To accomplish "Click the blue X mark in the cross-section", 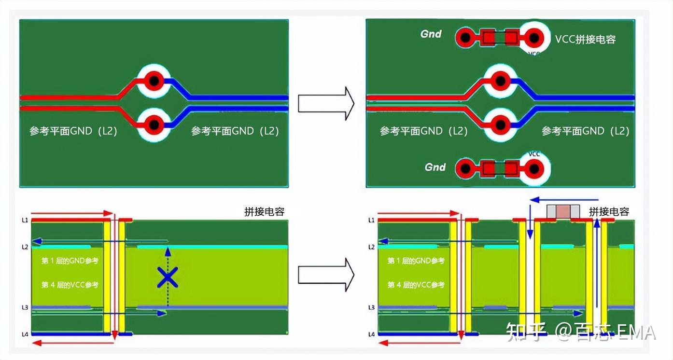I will click(x=168, y=277).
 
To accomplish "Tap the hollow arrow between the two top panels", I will click(x=326, y=103).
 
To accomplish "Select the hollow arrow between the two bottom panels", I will click(x=326, y=274).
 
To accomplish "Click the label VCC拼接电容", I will click(x=585, y=40).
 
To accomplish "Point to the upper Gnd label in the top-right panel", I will click(x=431, y=34).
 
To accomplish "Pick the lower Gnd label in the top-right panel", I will click(x=435, y=167).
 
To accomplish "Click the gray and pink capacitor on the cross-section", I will click(x=563, y=211).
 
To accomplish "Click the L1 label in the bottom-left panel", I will click(x=24, y=220).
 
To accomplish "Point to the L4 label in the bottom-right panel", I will click(x=371, y=334).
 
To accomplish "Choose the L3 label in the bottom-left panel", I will click(x=24, y=307).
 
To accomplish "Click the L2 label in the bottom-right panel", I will click(x=371, y=247).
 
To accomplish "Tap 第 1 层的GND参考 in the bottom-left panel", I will click(x=70, y=261).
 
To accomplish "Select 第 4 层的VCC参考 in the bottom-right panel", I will click(x=416, y=285).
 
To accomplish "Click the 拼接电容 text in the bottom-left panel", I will click(x=264, y=212).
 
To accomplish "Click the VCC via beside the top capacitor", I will click(x=534, y=37).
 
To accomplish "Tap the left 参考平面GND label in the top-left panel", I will click(x=73, y=131).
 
